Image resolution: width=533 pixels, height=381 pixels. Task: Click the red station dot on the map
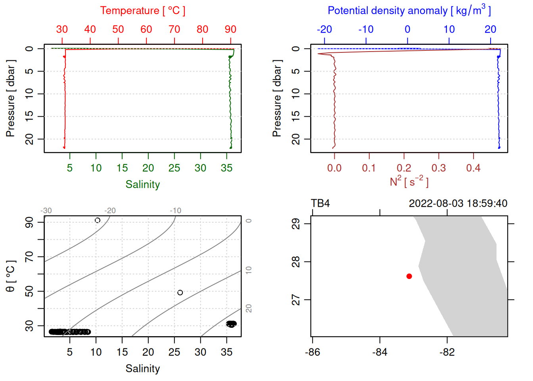click(409, 276)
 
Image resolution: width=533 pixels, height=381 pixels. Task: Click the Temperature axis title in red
click(142, 11)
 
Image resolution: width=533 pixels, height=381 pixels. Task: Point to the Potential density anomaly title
click(409, 11)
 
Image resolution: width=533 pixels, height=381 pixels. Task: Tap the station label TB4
click(320, 204)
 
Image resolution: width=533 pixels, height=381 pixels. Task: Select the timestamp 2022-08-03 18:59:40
click(458, 204)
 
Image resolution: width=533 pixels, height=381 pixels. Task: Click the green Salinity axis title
click(142, 185)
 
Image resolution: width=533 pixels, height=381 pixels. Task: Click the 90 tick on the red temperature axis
click(230, 29)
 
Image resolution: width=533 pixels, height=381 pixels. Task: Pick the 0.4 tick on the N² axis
click(473, 168)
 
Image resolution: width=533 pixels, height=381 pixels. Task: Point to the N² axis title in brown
click(409, 182)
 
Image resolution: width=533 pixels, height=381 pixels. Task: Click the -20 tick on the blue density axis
click(324, 29)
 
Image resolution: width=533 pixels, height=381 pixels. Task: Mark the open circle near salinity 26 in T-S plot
click(180, 292)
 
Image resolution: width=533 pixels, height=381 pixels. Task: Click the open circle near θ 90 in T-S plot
click(98, 220)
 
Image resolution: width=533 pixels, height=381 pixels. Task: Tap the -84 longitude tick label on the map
click(380, 352)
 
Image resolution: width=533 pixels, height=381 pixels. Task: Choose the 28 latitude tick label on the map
click(296, 262)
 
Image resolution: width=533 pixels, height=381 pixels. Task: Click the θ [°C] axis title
click(11, 276)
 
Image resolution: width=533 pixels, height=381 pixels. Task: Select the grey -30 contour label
click(46, 211)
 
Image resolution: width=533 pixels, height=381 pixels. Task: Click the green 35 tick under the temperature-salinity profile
click(226, 168)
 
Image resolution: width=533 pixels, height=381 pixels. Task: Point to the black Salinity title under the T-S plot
click(142, 369)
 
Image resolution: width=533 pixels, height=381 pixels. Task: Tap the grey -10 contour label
click(175, 211)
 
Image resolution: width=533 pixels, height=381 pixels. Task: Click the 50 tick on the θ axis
click(29, 292)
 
